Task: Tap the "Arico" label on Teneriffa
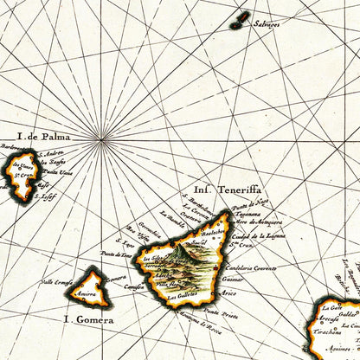229,295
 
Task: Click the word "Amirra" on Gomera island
89,295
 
